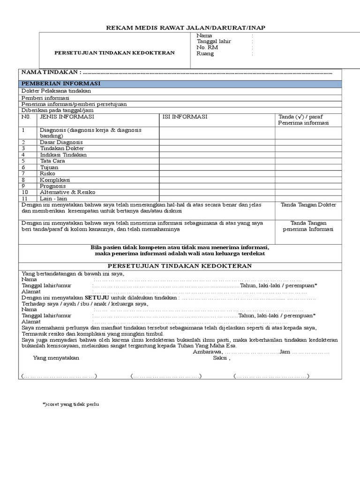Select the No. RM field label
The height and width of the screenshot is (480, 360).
207,47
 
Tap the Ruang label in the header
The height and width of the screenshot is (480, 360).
205,53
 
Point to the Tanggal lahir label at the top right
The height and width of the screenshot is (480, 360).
214,41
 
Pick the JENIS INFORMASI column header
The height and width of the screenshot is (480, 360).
67,117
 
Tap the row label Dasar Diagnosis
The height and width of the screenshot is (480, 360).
61,142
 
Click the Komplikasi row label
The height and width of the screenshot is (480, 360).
55,180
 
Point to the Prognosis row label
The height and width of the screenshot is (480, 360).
52,186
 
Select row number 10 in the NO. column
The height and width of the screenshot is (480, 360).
25,192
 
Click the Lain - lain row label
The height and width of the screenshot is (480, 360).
54,198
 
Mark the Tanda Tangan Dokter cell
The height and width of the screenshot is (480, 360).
308,205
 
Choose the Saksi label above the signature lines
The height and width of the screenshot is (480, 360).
221,358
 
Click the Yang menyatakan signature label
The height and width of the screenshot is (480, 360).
56,358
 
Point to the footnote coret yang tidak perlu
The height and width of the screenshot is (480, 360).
71,404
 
